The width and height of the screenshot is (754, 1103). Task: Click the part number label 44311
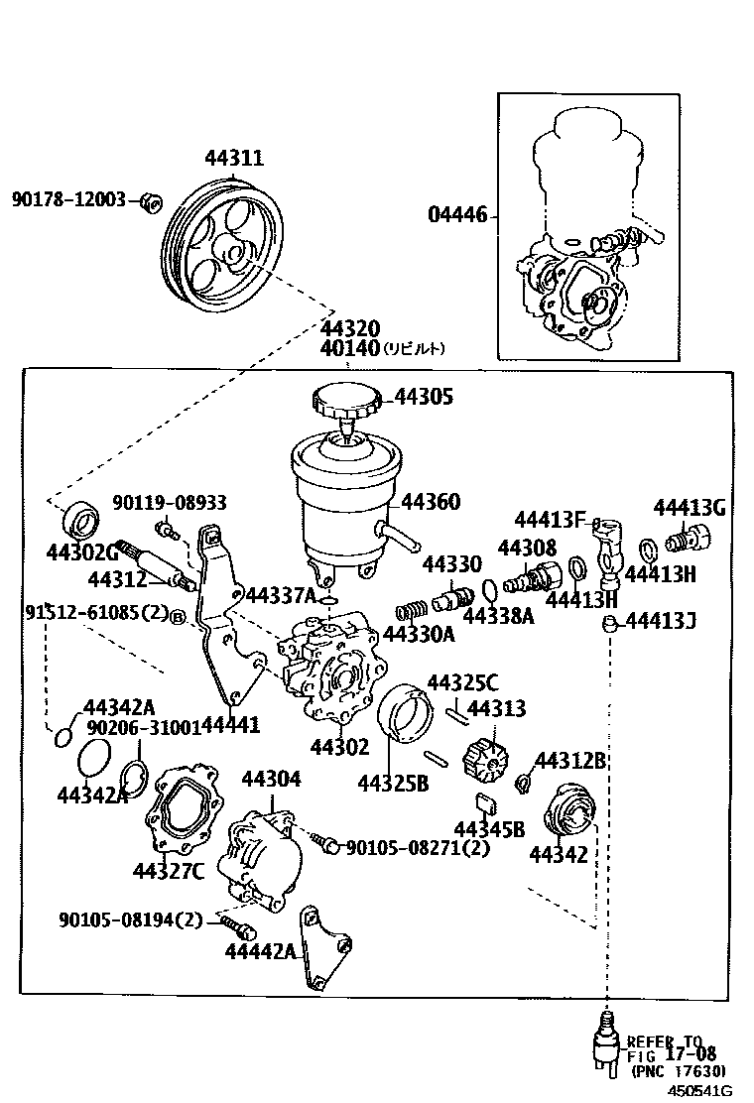(x=234, y=158)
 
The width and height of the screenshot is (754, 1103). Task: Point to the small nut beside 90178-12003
(x=150, y=201)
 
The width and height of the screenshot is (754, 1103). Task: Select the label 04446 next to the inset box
(x=457, y=214)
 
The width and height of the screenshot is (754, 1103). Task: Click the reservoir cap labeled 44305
(x=344, y=402)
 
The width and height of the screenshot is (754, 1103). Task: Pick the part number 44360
(x=431, y=502)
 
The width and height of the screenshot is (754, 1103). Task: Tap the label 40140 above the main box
(x=350, y=348)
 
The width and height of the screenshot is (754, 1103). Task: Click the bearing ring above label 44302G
(x=80, y=519)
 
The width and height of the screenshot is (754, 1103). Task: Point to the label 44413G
(x=690, y=508)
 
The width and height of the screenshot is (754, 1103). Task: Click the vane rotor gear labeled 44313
(x=485, y=762)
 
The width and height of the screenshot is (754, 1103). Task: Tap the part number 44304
(x=271, y=779)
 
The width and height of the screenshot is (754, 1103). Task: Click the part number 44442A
(x=261, y=951)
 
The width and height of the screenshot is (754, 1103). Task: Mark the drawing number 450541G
(x=696, y=1090)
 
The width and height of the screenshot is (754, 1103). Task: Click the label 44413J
(x=660, y=622)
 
